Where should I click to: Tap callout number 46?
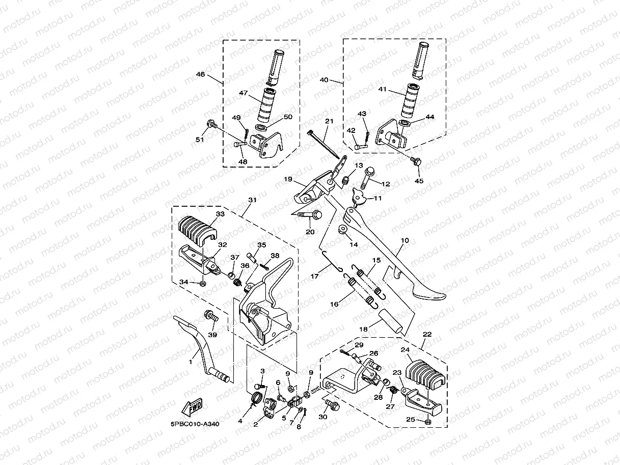200,74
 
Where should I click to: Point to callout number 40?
324,80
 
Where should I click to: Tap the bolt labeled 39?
211,316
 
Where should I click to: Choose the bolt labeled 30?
332,406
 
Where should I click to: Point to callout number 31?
251,200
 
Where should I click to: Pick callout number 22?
427,334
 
